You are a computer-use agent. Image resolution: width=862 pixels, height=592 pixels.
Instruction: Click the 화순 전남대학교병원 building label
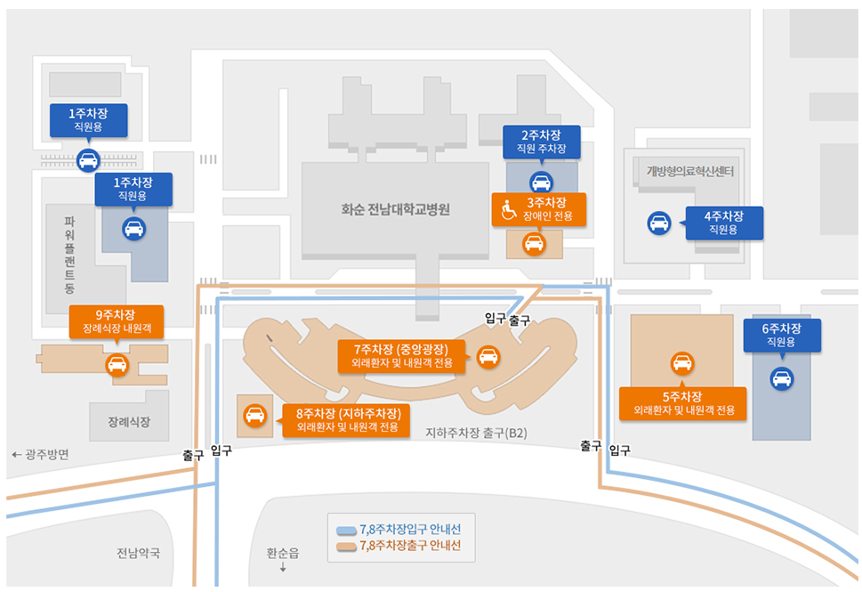point(396,210)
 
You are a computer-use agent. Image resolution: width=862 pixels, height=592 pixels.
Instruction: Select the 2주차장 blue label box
point(540,142)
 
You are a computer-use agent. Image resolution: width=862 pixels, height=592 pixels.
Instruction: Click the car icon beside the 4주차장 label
point(659,223)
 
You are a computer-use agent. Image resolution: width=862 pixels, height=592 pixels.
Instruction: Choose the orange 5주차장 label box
point(682,403)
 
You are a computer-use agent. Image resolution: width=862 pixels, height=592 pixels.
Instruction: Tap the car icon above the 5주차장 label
point(682,363)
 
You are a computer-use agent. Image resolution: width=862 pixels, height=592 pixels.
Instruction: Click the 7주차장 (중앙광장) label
point(402,355)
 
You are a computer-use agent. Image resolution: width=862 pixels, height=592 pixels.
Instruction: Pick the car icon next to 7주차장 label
point(488,357)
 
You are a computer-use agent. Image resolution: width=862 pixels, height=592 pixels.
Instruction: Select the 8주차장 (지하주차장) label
point(346,420)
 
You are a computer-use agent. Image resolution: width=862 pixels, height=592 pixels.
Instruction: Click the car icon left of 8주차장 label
point(254,415)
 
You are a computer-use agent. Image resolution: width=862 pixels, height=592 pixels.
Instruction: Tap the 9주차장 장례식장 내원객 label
point(116,321)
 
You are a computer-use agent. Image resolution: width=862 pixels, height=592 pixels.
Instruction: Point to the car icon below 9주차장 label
point(117,364)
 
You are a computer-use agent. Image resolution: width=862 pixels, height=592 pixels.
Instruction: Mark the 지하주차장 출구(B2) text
point(477,434)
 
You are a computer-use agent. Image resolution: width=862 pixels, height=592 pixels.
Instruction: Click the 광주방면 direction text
point(41,454)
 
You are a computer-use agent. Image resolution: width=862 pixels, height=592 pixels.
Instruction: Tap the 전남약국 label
point(138,553)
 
